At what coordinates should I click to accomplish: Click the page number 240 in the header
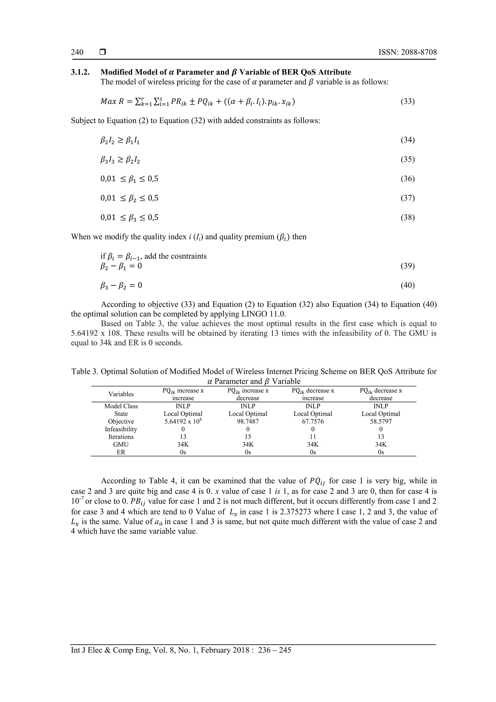(77, 52)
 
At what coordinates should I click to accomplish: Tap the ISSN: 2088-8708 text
(407, 52)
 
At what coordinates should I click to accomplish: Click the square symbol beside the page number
(103, 52)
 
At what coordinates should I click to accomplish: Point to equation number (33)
(407, 101)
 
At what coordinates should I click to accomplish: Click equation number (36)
(407, 179)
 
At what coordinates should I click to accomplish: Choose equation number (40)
(407, 285)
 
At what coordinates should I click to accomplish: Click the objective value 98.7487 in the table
(248, 421)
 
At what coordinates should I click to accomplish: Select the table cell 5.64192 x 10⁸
(183, 421)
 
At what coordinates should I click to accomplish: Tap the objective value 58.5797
(380, 421)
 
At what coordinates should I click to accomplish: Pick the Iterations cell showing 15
(248, 437)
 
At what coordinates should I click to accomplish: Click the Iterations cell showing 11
(313, 437)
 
